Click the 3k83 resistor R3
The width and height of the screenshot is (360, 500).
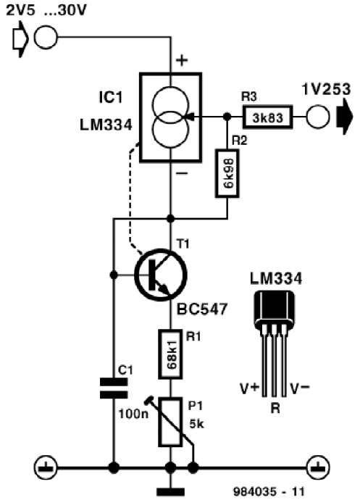[268, 117]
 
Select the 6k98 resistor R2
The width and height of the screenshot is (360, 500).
[227, 173]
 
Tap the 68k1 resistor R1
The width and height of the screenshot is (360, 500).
[171, 354]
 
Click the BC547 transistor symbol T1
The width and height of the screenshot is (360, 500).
[161, 275]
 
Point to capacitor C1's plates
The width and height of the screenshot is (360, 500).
[114, 388]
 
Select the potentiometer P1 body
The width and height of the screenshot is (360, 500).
[171, 422]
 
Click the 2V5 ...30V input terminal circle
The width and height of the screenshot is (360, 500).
[46, 37]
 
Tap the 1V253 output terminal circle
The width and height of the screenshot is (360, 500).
[318, 117]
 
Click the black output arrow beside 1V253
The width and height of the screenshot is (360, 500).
[344, 117]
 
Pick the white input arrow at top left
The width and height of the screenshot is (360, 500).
[20, 39]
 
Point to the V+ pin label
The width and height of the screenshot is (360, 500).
[249, 388]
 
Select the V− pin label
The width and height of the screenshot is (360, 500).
[299, 388]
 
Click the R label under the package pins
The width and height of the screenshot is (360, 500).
[275, 408]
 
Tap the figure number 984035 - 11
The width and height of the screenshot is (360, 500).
[269, 491]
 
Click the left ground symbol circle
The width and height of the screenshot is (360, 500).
[46, 468]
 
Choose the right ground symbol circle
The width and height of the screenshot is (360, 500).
[318, 468]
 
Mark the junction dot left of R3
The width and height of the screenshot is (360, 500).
[227, 117]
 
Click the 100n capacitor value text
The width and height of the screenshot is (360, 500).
[133, 414]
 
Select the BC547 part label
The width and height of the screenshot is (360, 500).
[202, 309]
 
